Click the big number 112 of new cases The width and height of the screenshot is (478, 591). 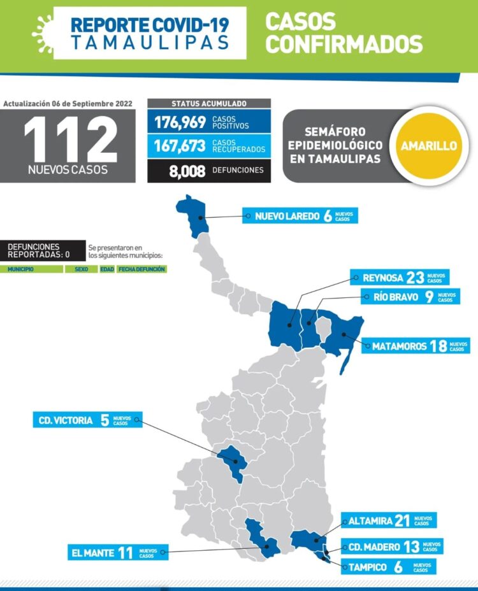pos(70,141)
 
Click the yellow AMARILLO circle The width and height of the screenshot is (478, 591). pos(428,146)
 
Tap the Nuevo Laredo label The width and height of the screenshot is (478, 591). pos(300,216)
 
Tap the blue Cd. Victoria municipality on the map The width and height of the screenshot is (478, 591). pos(232,462)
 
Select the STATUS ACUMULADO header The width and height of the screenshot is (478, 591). pos(209,103)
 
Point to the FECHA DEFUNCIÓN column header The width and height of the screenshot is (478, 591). pos(141,269)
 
